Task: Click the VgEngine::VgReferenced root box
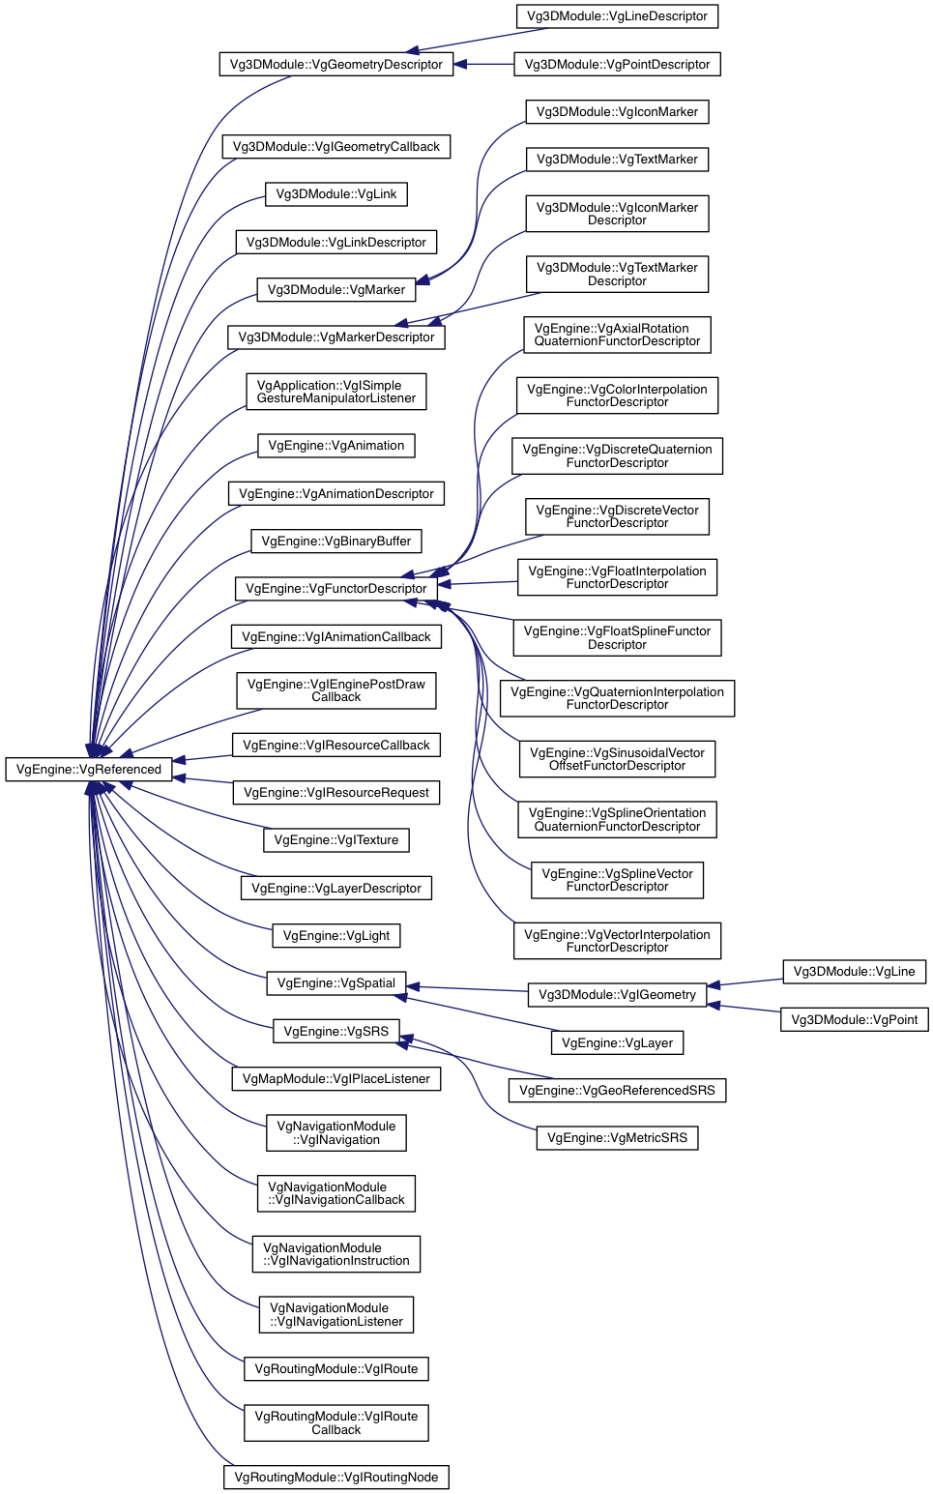pyautogui.click(x=89, y=769)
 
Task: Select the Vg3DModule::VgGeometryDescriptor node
pyautogui.click(x=336, y=64)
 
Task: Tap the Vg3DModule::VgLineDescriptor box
pyautogui.click(x=617, y=16)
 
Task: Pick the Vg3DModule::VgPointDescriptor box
pyautogui.click(x=617, y=64)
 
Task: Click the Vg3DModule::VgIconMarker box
pyautogui.click(x=617, y=112)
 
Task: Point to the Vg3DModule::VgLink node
pyautogui.click(x=336, y=194)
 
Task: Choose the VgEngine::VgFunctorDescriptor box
pyautogui.click(x=336, y=588)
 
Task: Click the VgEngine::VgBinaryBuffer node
pyautogui.click(x=336, y=541)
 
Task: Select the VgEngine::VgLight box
pyautogui.click(x=336, y=935)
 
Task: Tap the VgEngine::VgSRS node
pyautogui.click(x=336, y=1031)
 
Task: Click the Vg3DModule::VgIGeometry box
pyautogui.click(x=617, y=994)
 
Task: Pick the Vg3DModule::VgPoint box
pyautogui.click(x=855, y=1019)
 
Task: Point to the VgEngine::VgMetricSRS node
pyautogui.click(x=617, y=1137)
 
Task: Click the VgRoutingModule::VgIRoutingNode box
pyautogui.click(x=336, y=1477)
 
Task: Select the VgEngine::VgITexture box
pyautogui.click(x=336, y=839)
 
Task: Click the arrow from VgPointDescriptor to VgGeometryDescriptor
pyautogui.click(x=483, y=64)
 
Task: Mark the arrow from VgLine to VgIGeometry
pyautogui.click(x=744, y=982)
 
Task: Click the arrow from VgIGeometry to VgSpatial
pyautogui.click(x=467, y=988)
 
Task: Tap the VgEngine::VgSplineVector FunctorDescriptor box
pyautogui.click(x=617, y=880)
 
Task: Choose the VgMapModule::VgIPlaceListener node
pyautogui.click(x=336, y=1078)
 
